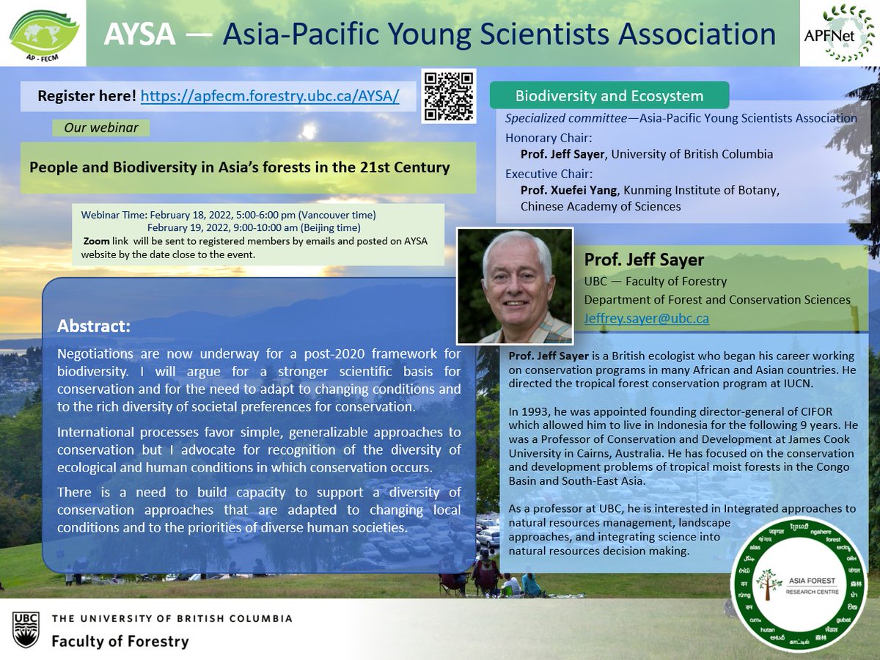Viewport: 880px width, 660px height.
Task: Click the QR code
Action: pos(449,95)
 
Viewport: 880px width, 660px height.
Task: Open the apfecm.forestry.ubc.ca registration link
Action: pos(270,96)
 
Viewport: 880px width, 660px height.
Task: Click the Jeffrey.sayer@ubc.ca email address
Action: pos(646,318)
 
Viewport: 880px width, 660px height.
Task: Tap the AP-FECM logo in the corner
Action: pos(43,34)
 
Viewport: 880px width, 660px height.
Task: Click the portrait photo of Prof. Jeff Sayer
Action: pos(515,285)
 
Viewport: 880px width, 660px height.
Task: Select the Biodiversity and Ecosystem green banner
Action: pos(609,96)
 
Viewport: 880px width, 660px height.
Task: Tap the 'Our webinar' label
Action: pos(100,128)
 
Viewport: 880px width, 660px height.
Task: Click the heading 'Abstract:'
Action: pos(94,325)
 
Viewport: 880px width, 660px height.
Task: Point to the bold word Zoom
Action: pos(97,241)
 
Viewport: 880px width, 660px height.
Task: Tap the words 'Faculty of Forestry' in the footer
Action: pos(120,641)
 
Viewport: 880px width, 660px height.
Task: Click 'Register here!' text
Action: pos(87,96)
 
